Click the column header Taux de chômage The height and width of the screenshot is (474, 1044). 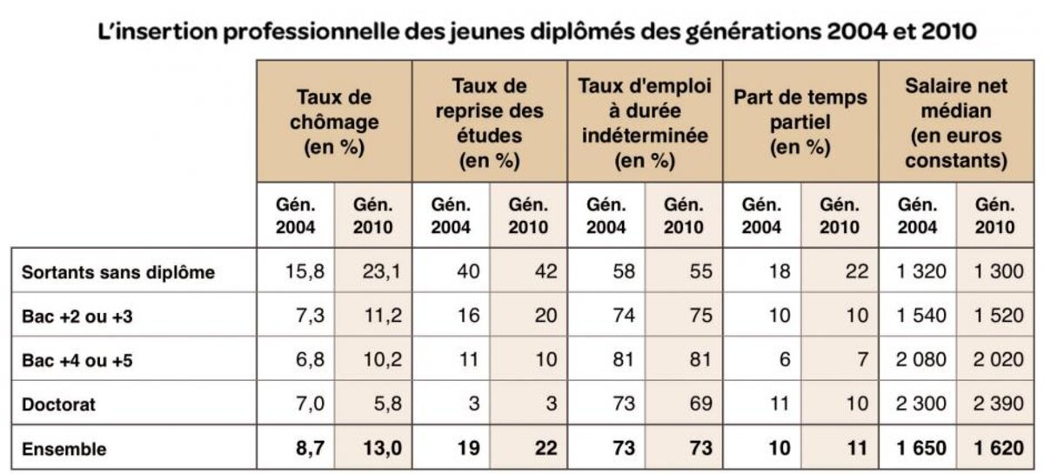coord(333,122)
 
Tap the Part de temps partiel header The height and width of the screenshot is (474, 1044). coord(800,122)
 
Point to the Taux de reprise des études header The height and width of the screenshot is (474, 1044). coord(489,122)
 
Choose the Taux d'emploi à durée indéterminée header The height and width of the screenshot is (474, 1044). coord(645,122)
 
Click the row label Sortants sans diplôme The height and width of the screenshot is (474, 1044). coord(118,272)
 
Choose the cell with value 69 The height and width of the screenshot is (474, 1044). coord(693,404)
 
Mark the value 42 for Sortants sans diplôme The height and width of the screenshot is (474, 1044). coord(537,272)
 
